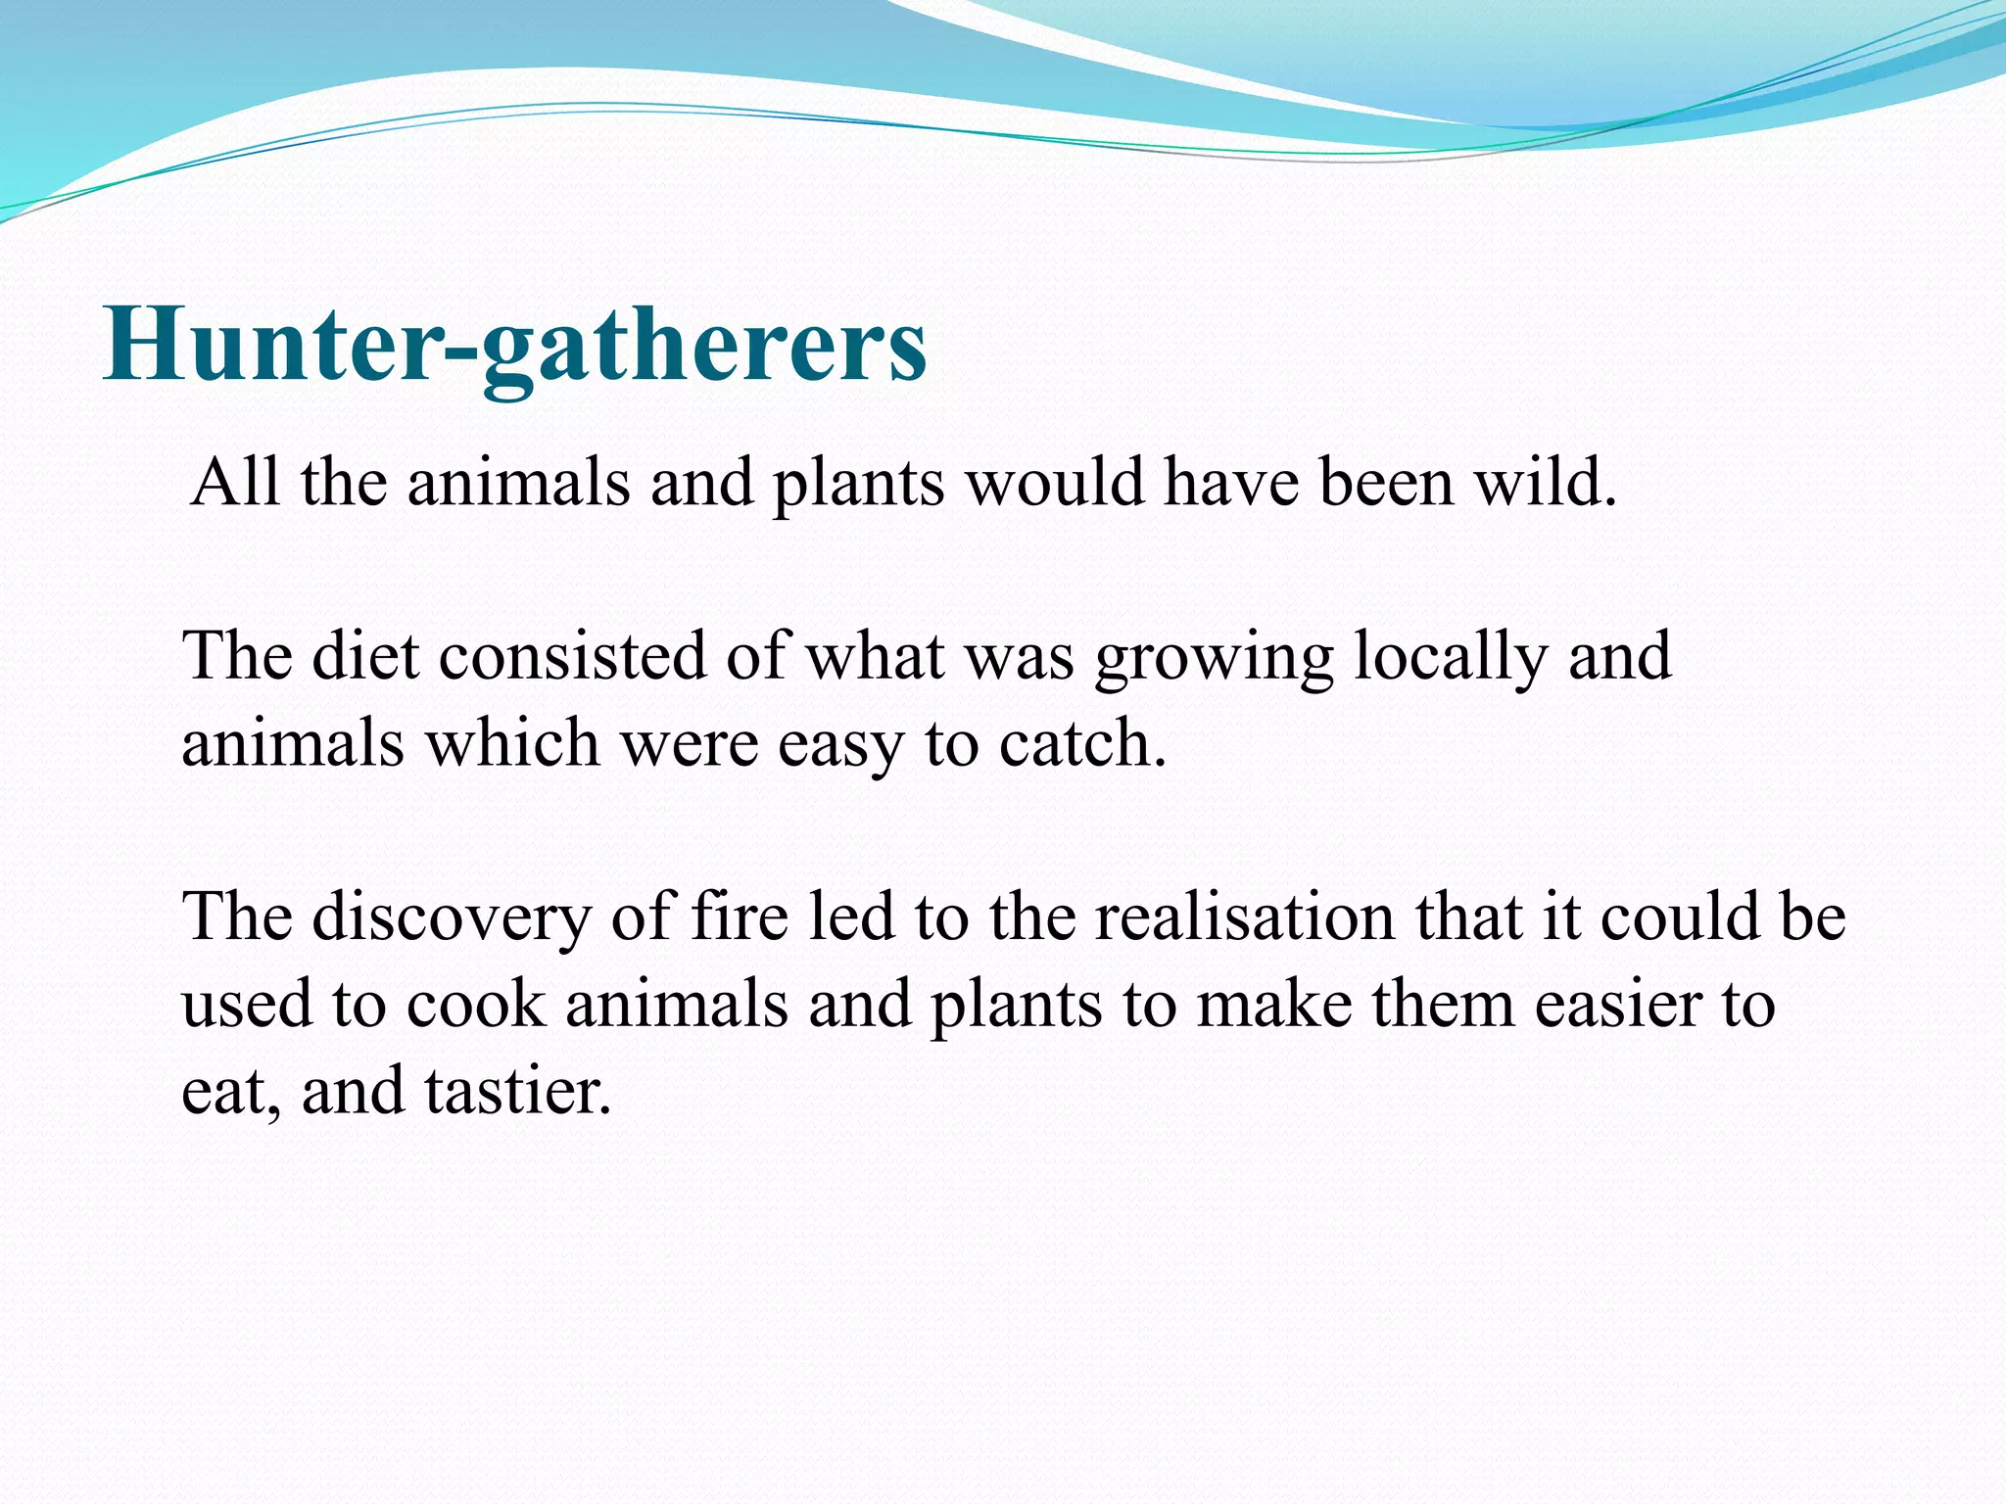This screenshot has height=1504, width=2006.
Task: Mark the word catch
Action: (1082, 742)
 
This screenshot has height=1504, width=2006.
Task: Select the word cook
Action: (476, 1004)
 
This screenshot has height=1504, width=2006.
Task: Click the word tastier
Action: (518, 1090)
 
